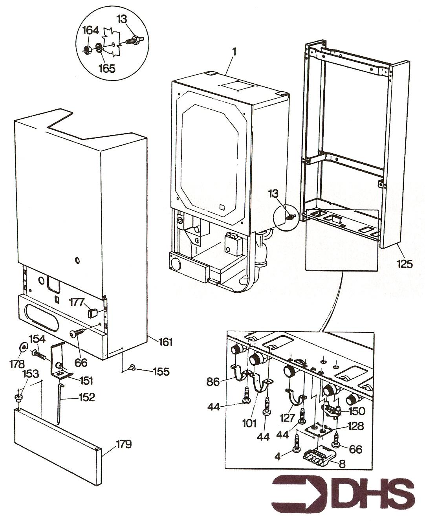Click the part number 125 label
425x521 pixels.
(x=404, y=264)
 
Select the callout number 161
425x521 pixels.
(x=165, y=342)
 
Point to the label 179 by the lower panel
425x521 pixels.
(x=124, y=444)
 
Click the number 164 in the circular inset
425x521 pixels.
(x=91, y=30)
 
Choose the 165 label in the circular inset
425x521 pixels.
(x=107, y=68)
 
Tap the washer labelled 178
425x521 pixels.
(x=24, y=347)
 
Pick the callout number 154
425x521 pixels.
(x=37, y=339)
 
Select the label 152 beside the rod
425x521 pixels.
(x=86, y=397)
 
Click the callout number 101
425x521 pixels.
(x=249, y=423)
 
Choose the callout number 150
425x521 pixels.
(x=356, y=411)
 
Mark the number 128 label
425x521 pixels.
(x=355, y=426)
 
